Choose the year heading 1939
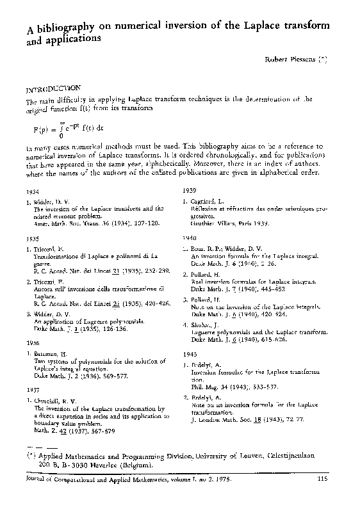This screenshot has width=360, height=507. [189, 191]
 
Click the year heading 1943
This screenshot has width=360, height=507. [189, 353]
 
